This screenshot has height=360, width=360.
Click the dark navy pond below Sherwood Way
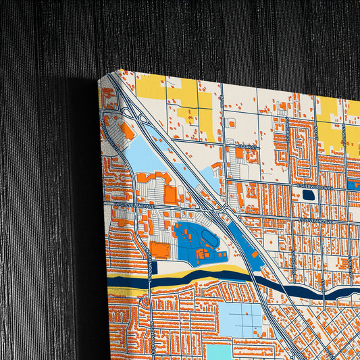(308, 195)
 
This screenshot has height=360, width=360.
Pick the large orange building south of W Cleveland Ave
(160, 249)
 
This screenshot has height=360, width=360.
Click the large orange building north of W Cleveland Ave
(170, 194)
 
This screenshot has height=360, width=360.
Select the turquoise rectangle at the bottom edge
(217, 353)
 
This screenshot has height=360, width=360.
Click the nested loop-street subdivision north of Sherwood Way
(302, 145)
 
